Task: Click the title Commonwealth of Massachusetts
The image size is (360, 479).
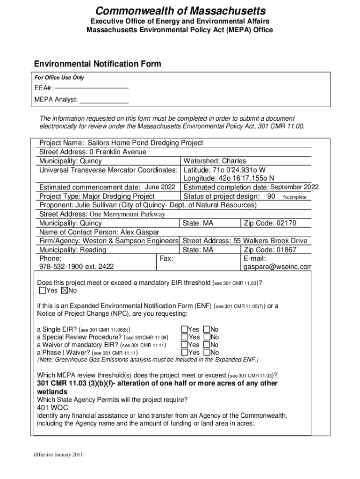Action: coord(180,10)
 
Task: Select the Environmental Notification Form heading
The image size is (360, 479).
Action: coord(97,64)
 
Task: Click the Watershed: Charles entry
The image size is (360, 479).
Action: coord(215,161)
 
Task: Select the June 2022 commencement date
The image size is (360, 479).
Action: coord(160,187)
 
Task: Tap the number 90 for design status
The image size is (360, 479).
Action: coord(271,196)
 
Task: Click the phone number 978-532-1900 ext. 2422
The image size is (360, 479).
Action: coord(76,267)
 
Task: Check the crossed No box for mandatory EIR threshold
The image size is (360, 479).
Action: coord(65,291)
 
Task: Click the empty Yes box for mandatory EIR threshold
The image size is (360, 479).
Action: coord(43,291)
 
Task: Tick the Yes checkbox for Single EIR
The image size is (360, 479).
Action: coord(185,329)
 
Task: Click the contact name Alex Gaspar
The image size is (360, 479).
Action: coord(140,232)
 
